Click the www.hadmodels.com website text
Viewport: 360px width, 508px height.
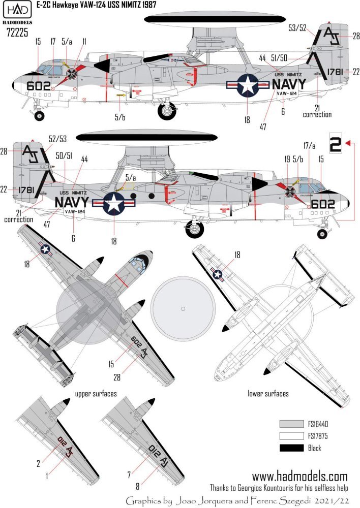pyautogui.click(x=300, y=477)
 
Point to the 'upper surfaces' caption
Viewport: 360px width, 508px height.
pyautogui.click(x=96, y=394)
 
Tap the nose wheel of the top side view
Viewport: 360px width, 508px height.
pyautogui.click(x=39, y=116)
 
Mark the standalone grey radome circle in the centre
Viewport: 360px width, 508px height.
pyautogui.click(x=183, y=308)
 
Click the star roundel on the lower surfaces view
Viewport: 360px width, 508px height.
pyautogui.click(x=218, y=275)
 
